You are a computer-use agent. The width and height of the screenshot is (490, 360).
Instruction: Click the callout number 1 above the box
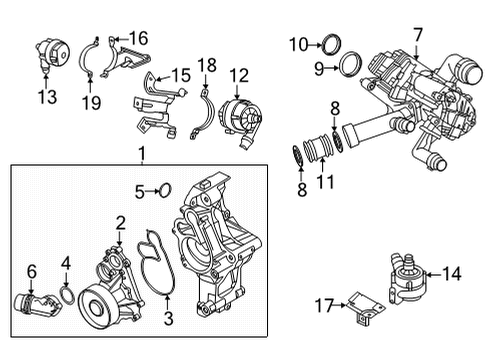(x=142, y=153)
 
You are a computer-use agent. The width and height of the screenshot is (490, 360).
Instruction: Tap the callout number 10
(x=298, y=44)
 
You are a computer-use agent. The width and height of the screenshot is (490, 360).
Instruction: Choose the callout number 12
(x=238, y=74)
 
